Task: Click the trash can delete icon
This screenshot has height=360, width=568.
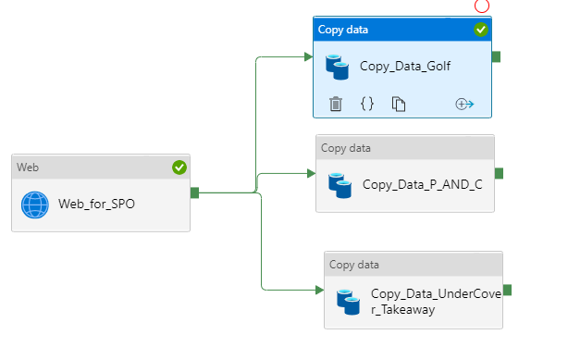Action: point(337,104)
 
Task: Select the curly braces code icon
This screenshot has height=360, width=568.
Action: point(367,104)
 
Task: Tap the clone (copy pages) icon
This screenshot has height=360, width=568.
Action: point(399,104)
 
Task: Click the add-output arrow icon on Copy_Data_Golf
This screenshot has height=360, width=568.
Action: point(464,104)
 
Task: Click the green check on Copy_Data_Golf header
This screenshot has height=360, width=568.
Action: point(481,30)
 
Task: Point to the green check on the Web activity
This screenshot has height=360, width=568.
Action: point(179,168)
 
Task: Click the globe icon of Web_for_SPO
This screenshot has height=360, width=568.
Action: point(35,205)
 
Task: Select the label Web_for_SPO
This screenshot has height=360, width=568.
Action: point(96,205)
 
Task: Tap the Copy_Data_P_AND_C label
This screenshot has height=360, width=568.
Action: point(422,184)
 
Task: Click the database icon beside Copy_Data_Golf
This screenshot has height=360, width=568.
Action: point(338,67)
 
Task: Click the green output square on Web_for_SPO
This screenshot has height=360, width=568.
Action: point(194,192)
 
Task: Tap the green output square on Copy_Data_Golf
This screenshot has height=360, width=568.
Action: point(496,56)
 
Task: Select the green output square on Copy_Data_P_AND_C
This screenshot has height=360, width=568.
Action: point(499,173)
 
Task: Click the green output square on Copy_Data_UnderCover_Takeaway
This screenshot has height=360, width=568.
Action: point(507,290)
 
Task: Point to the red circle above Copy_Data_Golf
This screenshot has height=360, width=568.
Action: point(481,6)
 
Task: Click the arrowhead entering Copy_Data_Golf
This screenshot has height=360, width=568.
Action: point(308,56)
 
